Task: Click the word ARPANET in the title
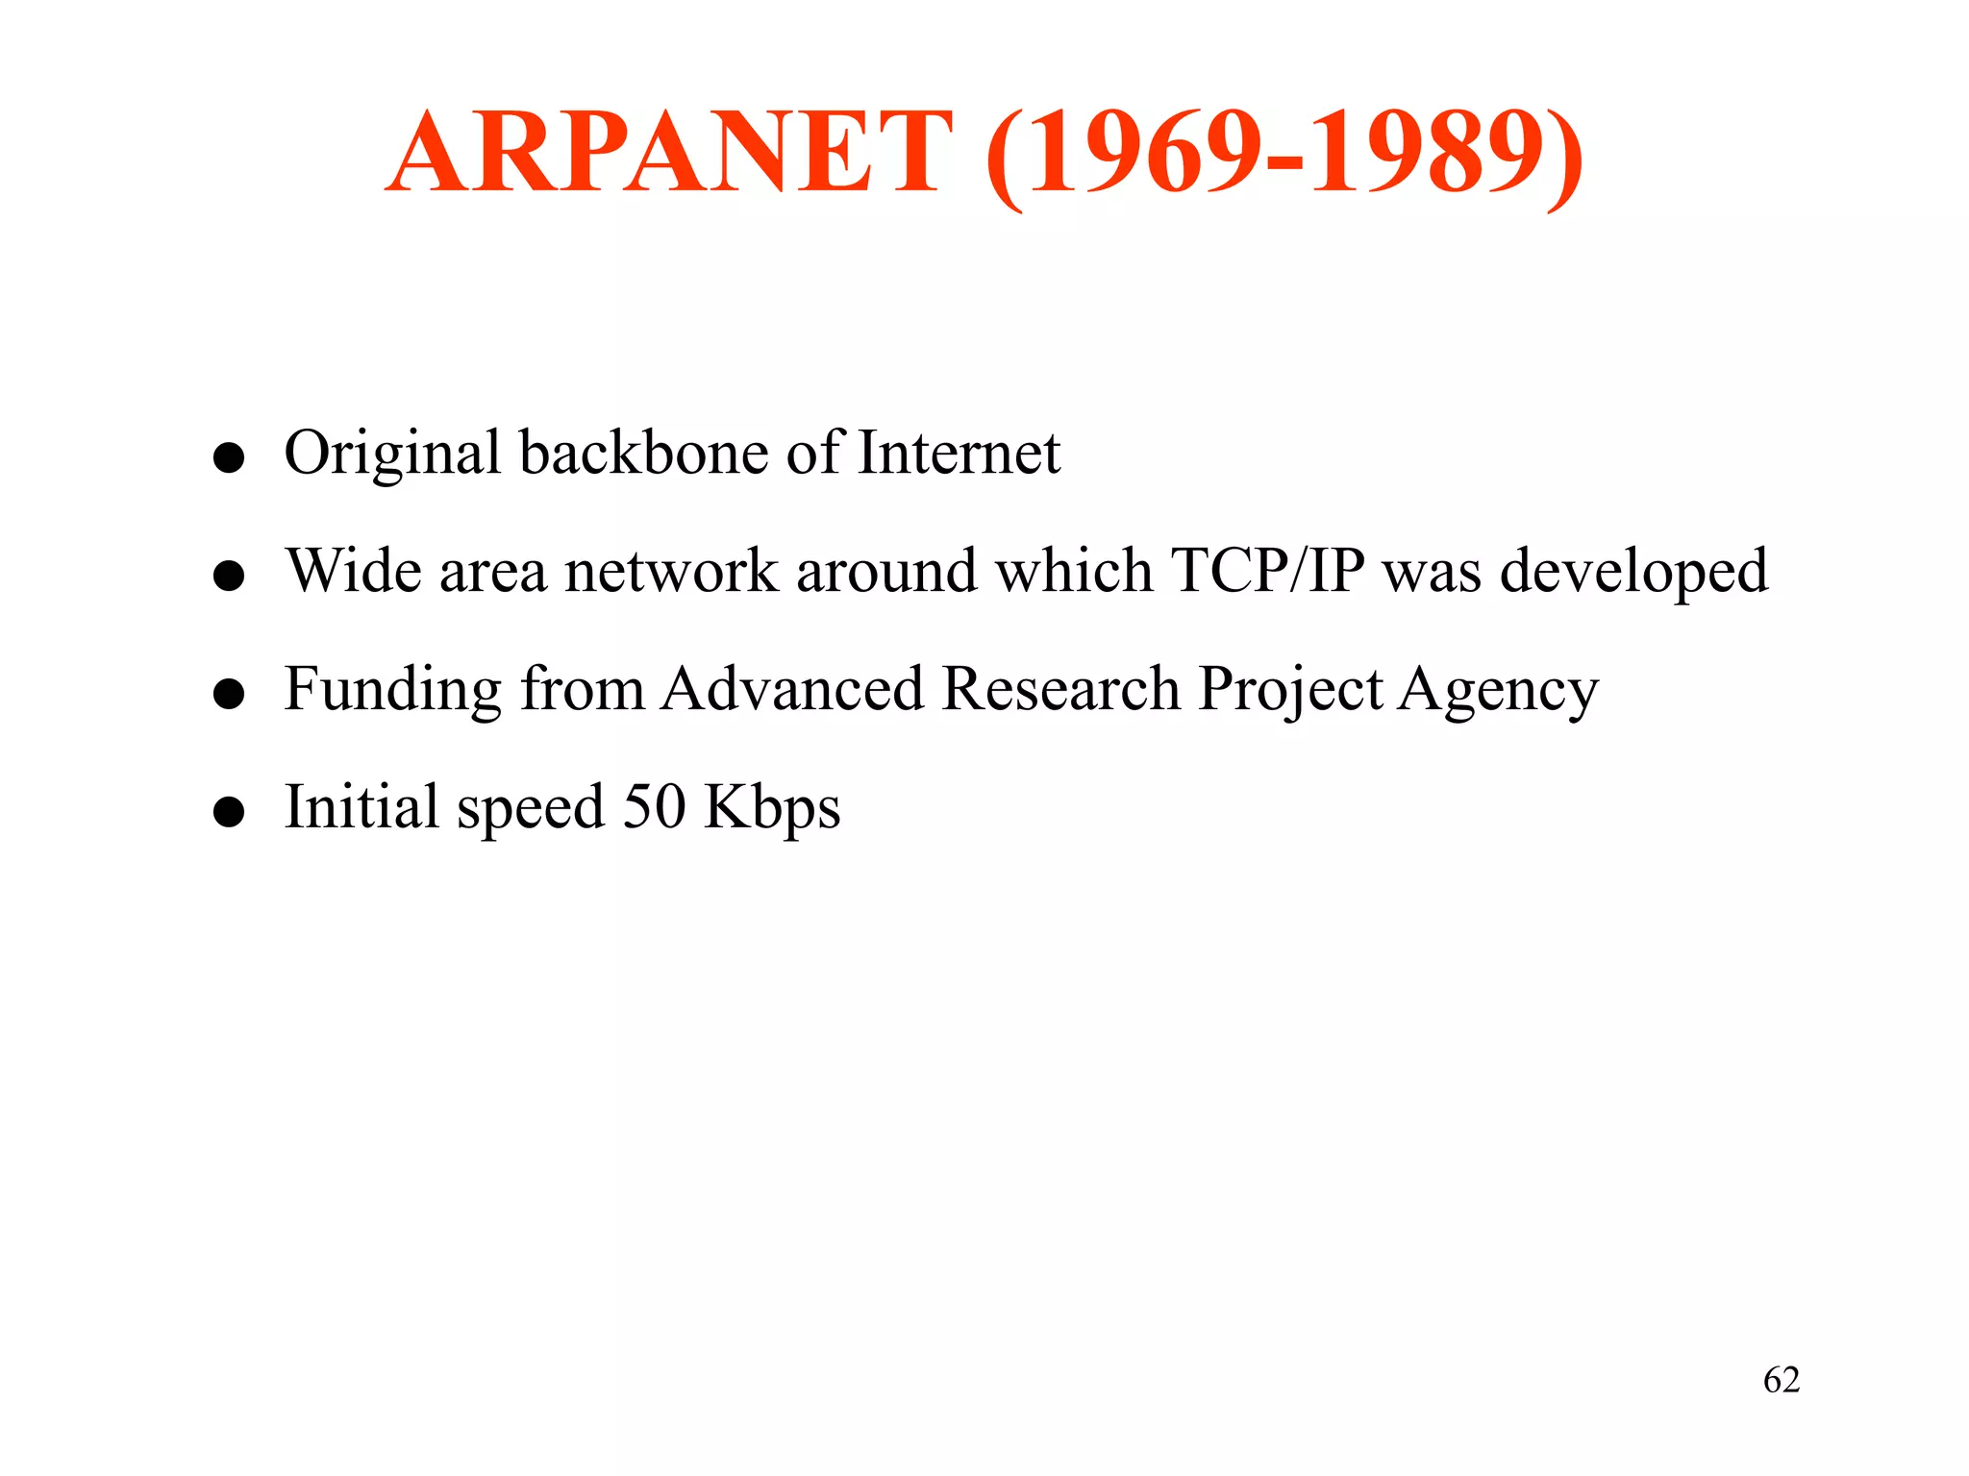[x=669, y=154]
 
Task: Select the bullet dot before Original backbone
[x=229, y=458]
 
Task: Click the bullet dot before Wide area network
[x=229, y=577]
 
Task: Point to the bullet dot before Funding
[x=229, y=694]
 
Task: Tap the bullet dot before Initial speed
[x=229, y=812]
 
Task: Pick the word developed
[x=1633, y=573]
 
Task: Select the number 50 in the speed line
[x=654, y=806]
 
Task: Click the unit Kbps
[x=772, y=808]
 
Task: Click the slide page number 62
[x=1782, y=1380]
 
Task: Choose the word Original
[x=392, y=454]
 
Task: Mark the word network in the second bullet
[x=671, y=571]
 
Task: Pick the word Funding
[x=392, y=690]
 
